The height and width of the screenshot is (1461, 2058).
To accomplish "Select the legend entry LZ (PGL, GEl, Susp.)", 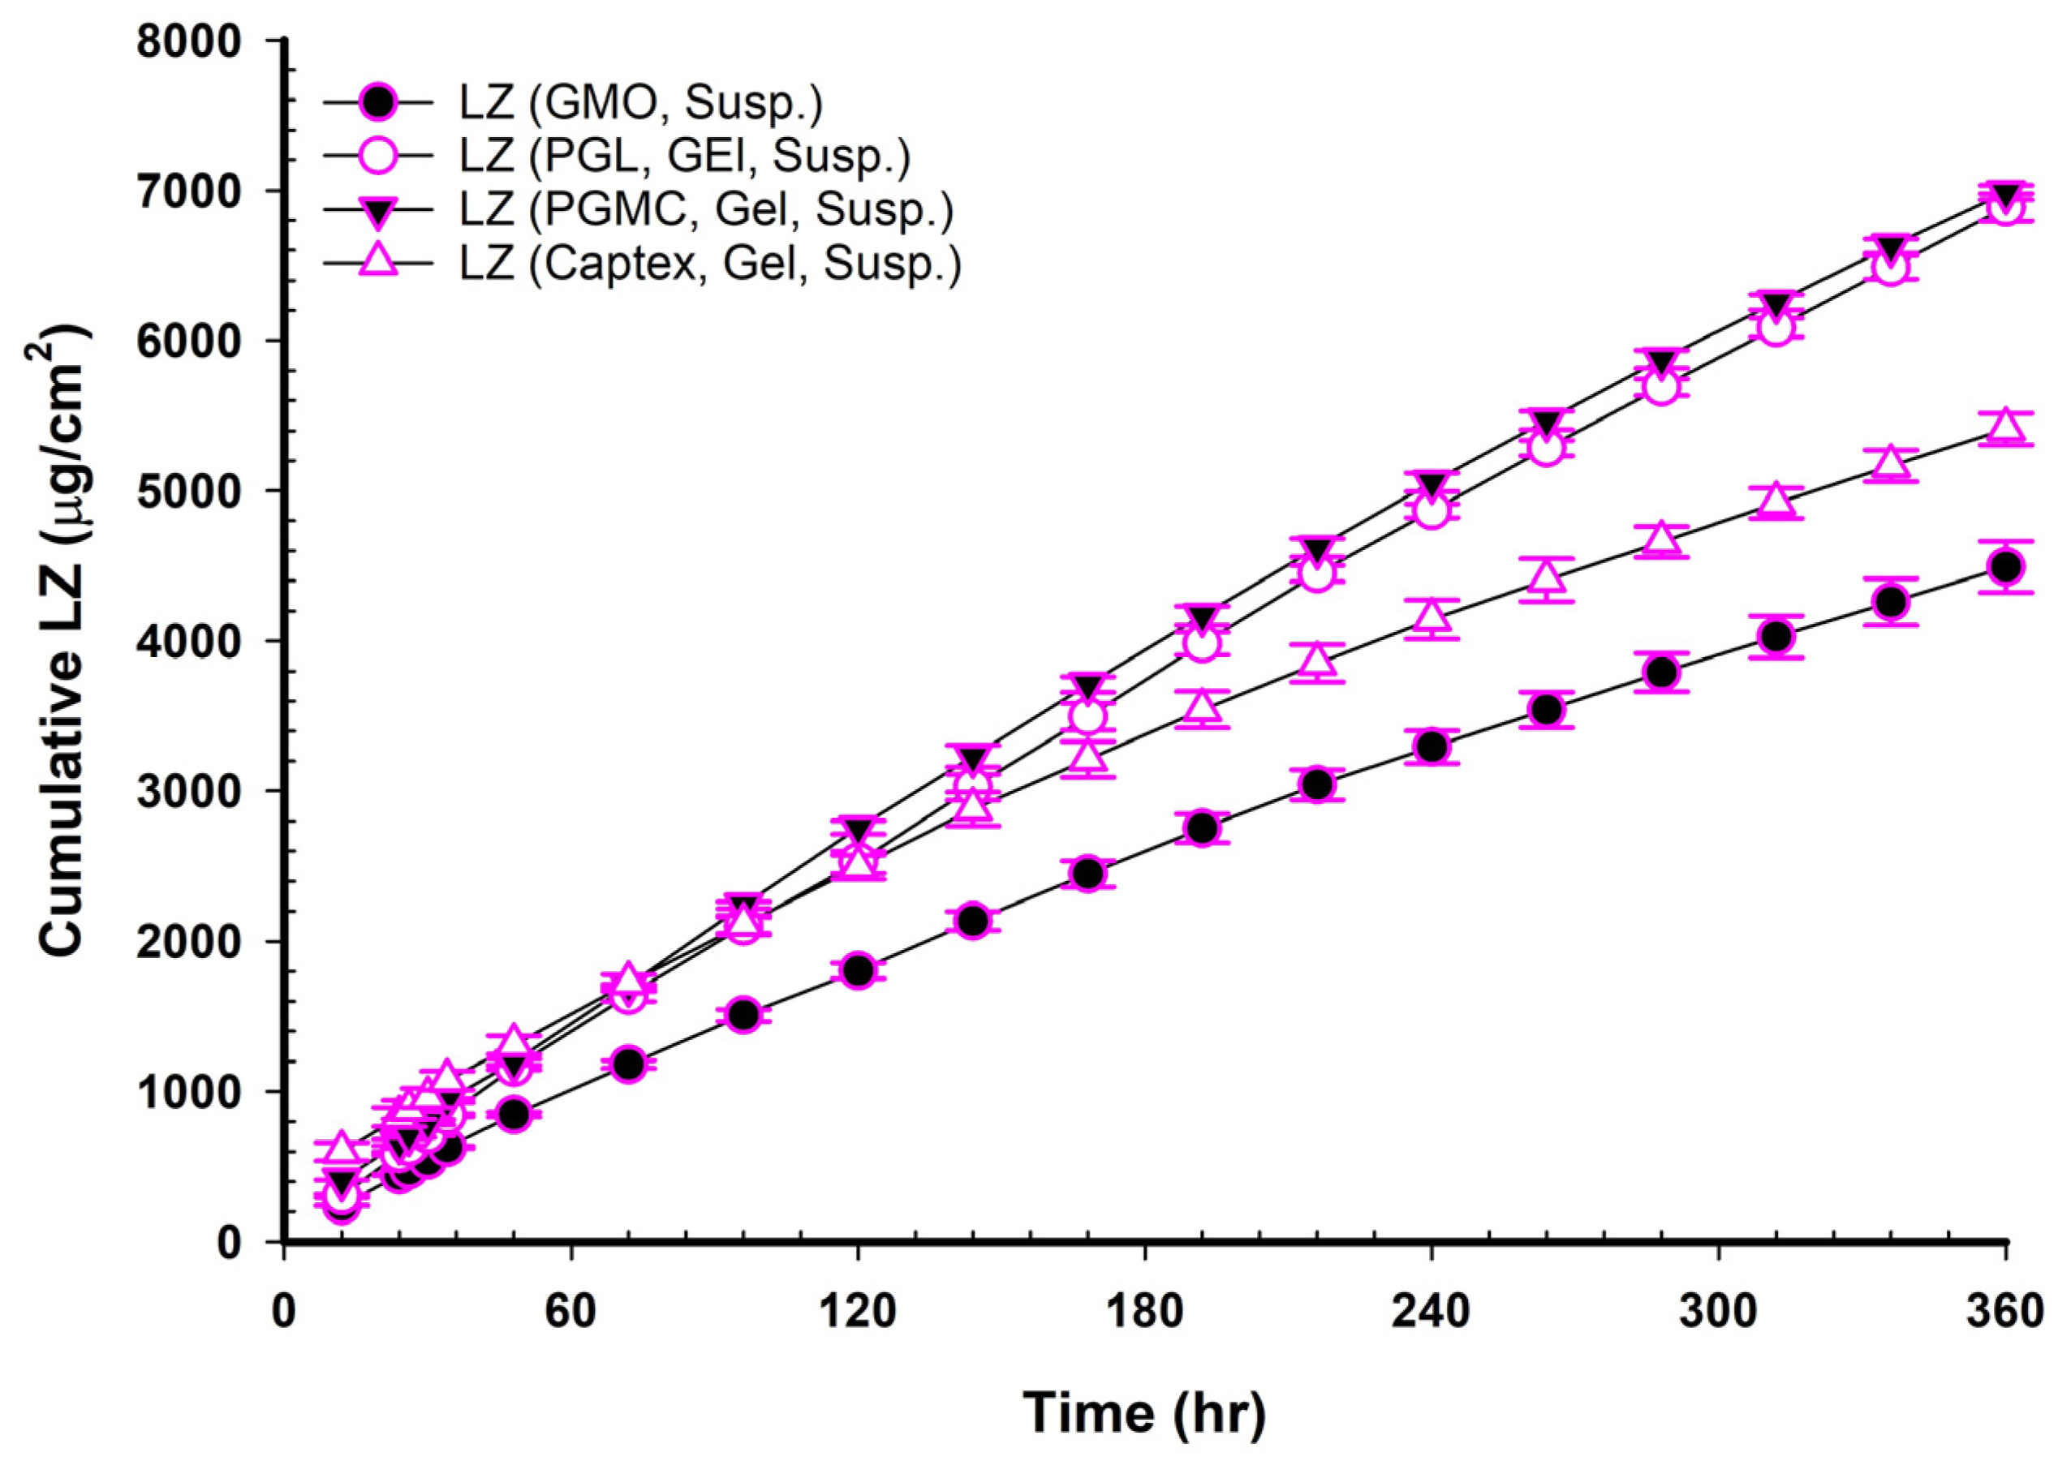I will (x=684, y=157).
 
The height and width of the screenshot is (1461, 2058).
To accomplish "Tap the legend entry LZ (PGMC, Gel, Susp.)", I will (x=705, y=209).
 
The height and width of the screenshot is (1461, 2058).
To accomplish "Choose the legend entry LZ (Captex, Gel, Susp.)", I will (x=709, y=263).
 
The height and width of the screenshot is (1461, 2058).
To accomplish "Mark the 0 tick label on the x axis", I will (x=284, y=1312).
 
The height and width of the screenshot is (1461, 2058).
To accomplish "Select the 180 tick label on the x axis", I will (x=1144, y=1312).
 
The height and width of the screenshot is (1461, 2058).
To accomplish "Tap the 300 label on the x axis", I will (x=1718, y=1312).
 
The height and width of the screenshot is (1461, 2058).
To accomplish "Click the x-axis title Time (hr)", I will (x=1144, y=1414).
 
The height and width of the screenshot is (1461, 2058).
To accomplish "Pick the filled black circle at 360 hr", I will (x=2005, y=567).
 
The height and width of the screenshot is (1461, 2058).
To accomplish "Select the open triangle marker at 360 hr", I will (x=2005, y=424).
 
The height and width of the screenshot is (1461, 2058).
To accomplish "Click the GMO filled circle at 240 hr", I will (x=1432, y=746).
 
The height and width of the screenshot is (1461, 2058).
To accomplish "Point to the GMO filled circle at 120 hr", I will (x=859, y=969).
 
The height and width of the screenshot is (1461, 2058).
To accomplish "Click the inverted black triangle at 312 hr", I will (x=1776, y=306).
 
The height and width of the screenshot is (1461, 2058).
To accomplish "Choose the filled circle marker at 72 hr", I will (x=628, y=1064).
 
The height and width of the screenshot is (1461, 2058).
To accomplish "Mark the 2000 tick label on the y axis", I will (x=191, y=941).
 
